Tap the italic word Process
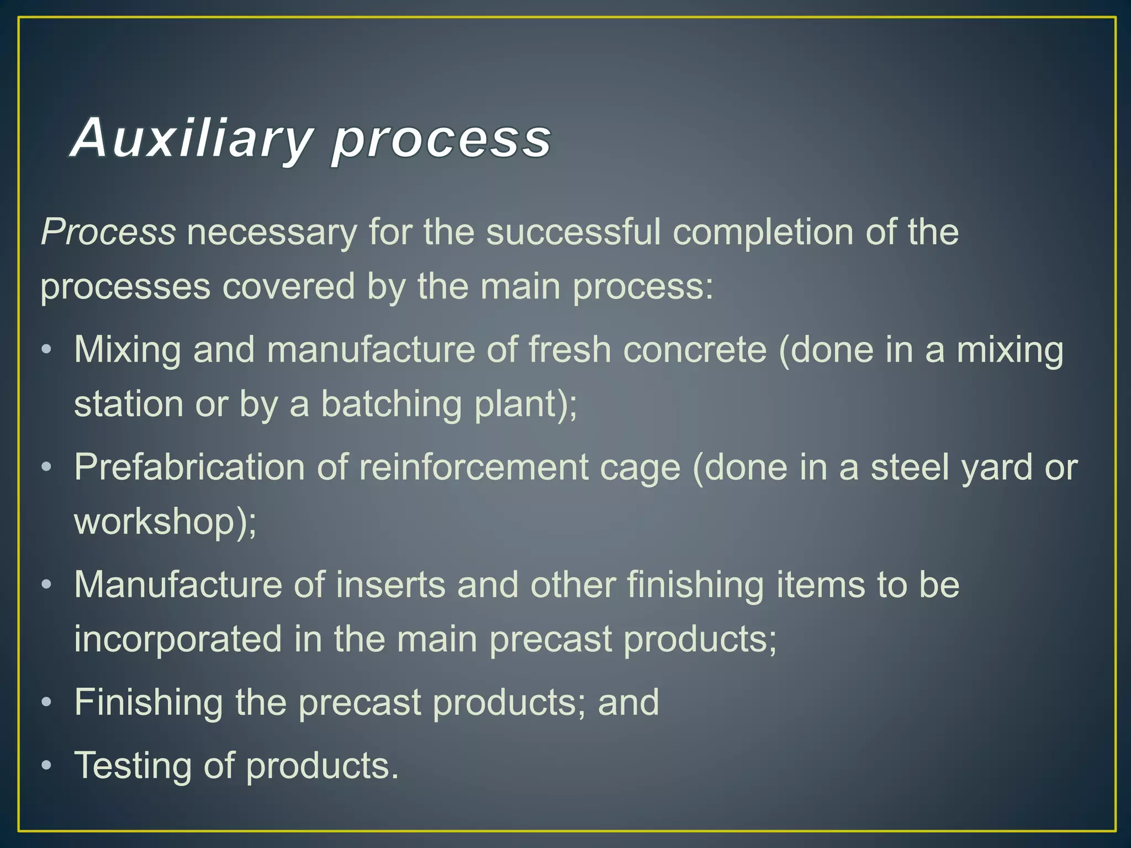(108, 232)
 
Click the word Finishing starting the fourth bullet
(149, 703)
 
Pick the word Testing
(133, 766)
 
